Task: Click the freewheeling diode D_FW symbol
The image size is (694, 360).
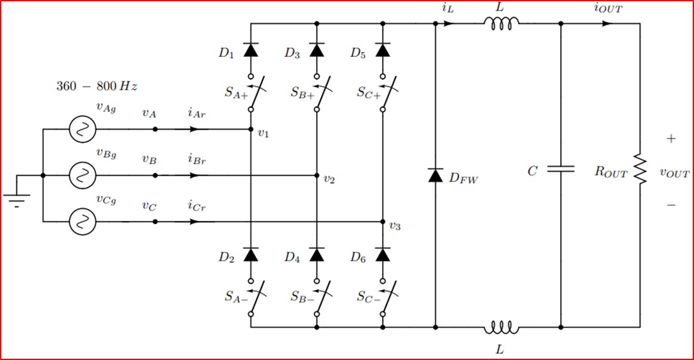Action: click(435, 176)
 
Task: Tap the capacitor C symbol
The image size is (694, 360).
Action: click(561, 169)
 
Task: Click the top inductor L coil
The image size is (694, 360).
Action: click(502, 23)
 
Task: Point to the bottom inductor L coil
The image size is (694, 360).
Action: click(502, 328)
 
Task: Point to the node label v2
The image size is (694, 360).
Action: click(328, 179)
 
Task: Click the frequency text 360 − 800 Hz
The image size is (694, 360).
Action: click(97, 86)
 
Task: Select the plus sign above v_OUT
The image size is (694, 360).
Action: click(671, 139)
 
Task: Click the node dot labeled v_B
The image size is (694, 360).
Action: click(155, 176)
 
